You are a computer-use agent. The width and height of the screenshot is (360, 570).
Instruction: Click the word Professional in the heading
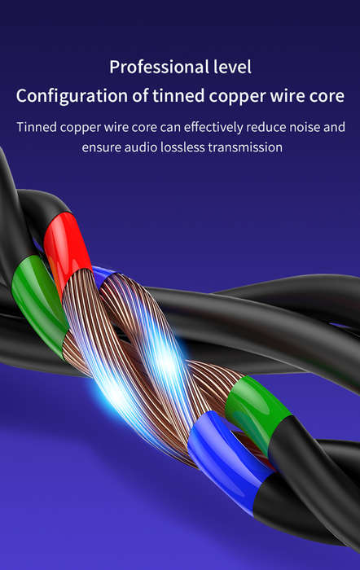tap(160, 68)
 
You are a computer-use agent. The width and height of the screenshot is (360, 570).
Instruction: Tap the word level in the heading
tap(232, 67)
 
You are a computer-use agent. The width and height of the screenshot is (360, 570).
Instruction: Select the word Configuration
tap(72, 97)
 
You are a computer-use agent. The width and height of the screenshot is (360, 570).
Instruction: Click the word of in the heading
tap(140, 95)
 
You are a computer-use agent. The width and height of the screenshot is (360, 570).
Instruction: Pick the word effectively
tap(213, 127)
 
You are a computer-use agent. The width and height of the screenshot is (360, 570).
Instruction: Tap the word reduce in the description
tap(266, 128)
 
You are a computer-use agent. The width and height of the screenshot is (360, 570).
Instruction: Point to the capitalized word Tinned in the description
tap(37, 127)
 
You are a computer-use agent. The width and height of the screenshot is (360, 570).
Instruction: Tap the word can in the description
tap(170, 128)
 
